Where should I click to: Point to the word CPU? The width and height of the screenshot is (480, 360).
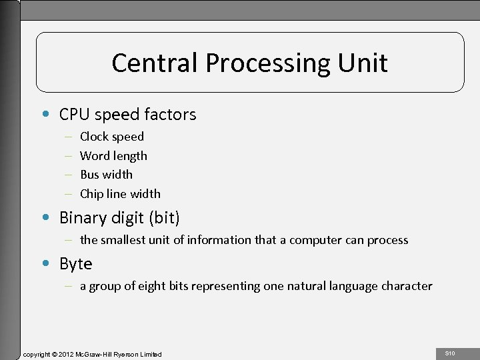click(74, 115)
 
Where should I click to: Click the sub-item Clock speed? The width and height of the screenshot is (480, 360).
click(111, 137)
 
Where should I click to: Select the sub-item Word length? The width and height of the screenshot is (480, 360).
click(113, 156)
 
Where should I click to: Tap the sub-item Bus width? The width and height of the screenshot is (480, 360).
click(106, 175)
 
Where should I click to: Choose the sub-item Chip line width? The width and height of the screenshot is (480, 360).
click(120, 194)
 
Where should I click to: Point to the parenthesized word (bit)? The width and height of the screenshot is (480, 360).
click(164, 218)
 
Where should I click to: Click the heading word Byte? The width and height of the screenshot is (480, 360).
click(75, 264)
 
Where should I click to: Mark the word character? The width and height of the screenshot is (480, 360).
click(407, 286)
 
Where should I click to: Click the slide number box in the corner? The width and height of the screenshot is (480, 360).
click(450, 353)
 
